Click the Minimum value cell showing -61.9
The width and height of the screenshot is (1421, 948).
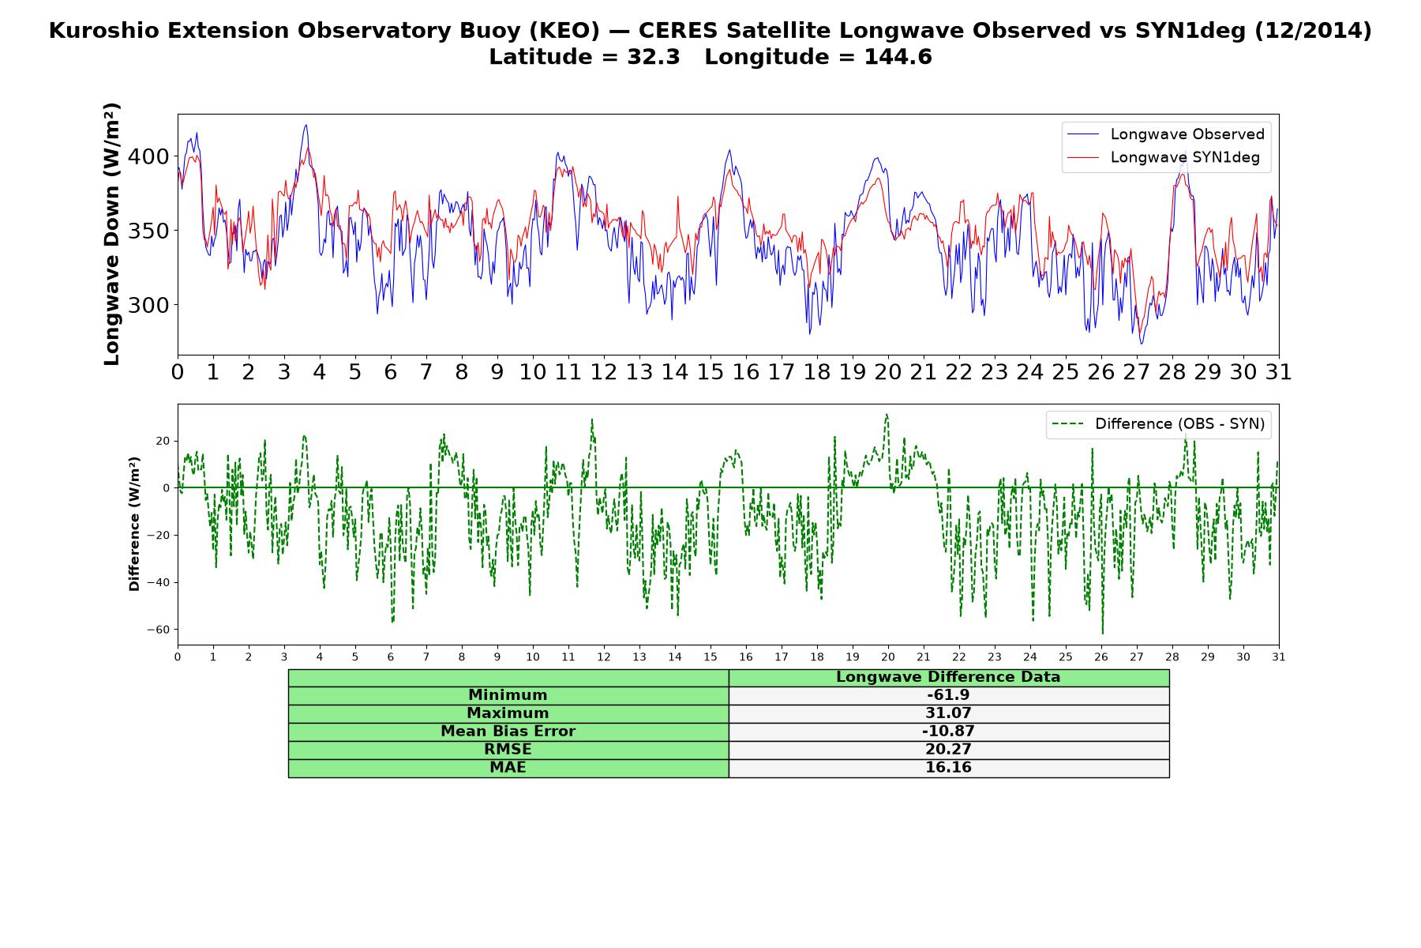coord(948,695)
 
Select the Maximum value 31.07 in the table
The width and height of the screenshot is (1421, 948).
coord(948,713)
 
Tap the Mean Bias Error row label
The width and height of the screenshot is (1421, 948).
coord(508,732)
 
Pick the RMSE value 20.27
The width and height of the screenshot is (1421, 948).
coord(948,750)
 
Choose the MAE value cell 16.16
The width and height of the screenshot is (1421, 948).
coord(948,768)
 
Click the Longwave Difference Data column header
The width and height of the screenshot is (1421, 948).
coord(948,677)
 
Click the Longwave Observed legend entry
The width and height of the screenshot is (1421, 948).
coord(1166,134)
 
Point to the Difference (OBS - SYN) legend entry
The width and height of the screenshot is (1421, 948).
coord(1158,424)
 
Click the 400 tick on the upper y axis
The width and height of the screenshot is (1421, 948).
coord(148,156)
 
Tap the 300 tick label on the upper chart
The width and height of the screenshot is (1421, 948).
coord(148,305)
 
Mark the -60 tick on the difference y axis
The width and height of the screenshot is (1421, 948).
coord(158,630)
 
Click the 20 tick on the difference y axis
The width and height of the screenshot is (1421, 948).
coord(163,441)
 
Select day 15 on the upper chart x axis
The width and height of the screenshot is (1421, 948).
coord(710,372)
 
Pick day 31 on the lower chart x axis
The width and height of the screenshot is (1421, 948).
coord(1279,657)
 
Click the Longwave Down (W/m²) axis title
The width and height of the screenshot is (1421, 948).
coord(112,234)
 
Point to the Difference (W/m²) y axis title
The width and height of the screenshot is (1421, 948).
coord(134,524)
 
